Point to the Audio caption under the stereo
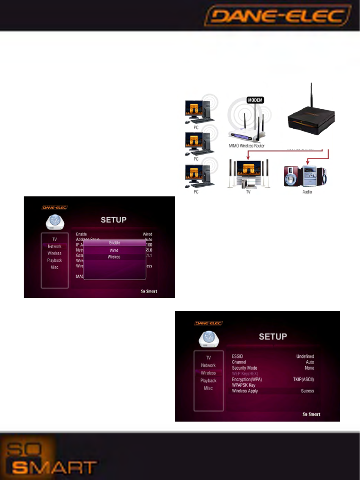point(307,192)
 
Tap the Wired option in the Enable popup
point(114,251)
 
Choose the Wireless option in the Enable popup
point(114,257)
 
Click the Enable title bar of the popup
point(114,243)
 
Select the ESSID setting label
point(238,356)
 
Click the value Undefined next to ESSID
point(305,356)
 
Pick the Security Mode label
point(245,368)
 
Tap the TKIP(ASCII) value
point(303,380)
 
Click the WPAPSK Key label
point(244,385)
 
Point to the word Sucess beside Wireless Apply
point(307,391)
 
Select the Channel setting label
point(239,362)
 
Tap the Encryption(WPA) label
point(247,380)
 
